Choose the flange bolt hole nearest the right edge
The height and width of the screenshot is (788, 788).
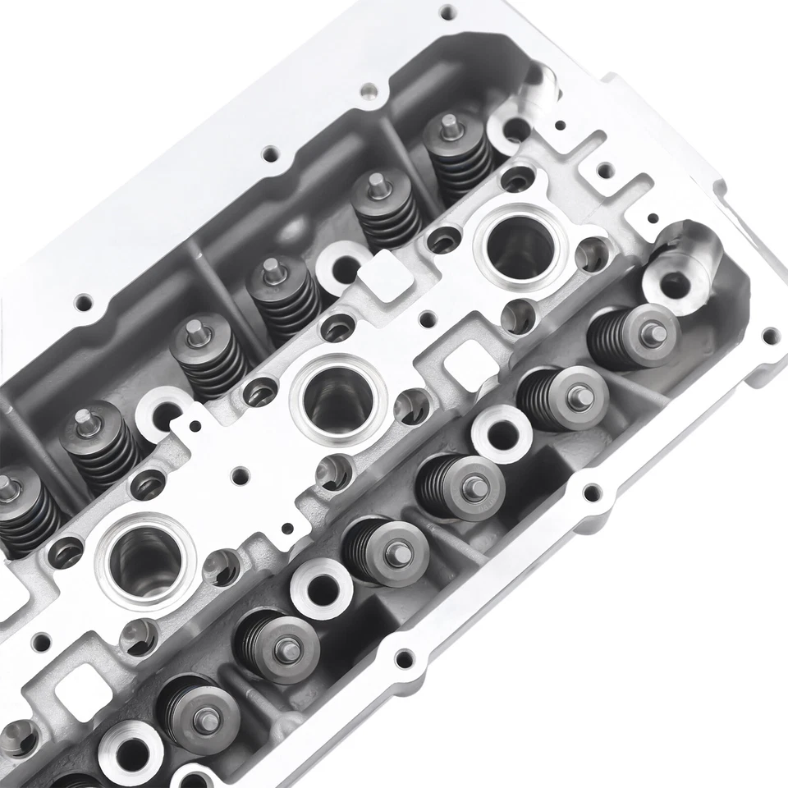coord(769,336)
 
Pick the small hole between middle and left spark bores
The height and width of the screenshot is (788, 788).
coord(239,474)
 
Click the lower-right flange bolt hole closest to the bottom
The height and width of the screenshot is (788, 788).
coord(403,658)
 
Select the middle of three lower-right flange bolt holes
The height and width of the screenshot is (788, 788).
coord(589,493)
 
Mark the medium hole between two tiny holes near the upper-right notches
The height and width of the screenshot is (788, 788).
coord(604,172)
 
